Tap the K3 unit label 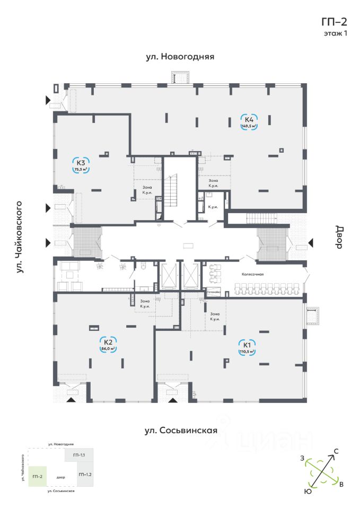pyautogui.click(x=81, y=163)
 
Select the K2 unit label pyautogui.click(x=108, y=341)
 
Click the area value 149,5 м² pyautogui.click(x=249, y=127)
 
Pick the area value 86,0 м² pyautogui.click(x=108, y=349)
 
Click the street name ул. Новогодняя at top pyautogui.click(x=180, y=56)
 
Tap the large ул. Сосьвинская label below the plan pyautogui.click(x=181, y=431)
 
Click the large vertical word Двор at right pyautogui.click(x=339, y=236)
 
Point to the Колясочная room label pyautogui.click(x=252, y=274)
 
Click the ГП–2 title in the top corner pyautogui.click(x=334, y=22)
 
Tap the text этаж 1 pyautogui.click(x=335, y=33)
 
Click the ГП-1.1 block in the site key pyautogui.click(x=79, y=455)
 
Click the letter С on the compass pyautogui.click(x=336, y=451)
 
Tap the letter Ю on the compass pyautogui.click(x=307, y=492)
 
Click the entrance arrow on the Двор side pyautogui.click(x=311, y=243)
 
